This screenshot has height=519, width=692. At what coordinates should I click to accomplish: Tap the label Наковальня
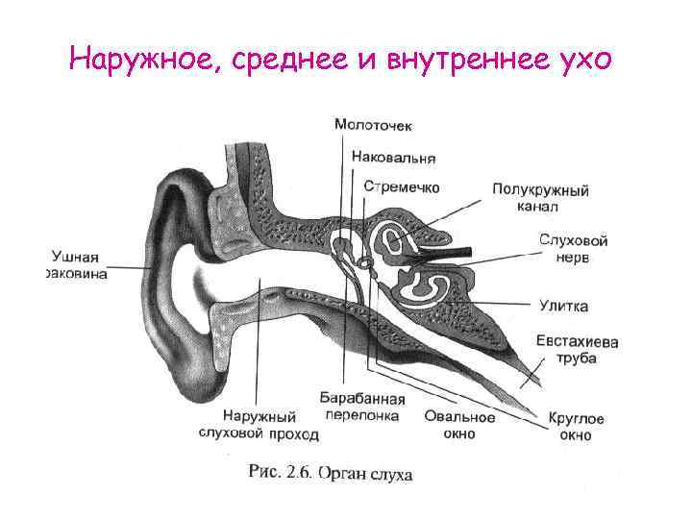coord(393,157)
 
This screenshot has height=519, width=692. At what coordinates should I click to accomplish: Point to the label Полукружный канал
coord(540,198)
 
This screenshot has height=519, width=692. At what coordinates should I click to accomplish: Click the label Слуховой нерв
coord(573,248)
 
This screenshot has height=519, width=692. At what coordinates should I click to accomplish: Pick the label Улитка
coord(563,306)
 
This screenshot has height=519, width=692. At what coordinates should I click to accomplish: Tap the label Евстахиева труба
coord(576,349)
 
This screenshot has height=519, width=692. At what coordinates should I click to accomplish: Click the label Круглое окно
coord(576,427)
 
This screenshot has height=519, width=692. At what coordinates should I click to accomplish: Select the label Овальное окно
coord(458,425)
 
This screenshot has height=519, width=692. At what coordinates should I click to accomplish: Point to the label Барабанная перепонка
coord(362,406)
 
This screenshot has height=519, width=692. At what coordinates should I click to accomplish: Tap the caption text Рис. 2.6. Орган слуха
coord(331,473)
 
